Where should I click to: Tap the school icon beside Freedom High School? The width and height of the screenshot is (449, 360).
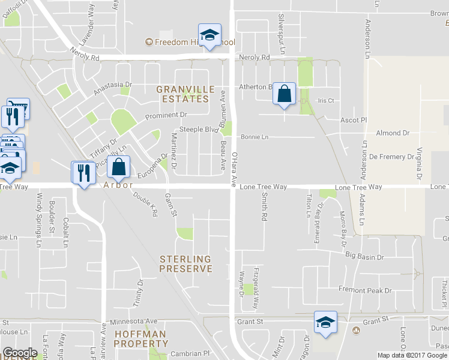click(x=209, y=36)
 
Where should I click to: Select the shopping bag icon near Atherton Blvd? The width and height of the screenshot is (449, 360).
click(x=285, y=94)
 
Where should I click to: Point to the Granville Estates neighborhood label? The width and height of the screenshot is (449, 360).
click(x=185, y=94)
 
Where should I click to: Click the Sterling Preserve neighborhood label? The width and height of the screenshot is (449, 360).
click(x=185, y=264)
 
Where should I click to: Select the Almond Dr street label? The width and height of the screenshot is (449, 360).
click(x=393, y=133)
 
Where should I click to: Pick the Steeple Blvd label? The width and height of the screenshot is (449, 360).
click(x=199, y=130)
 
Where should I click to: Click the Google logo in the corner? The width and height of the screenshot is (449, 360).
click(x=20, y=353)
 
